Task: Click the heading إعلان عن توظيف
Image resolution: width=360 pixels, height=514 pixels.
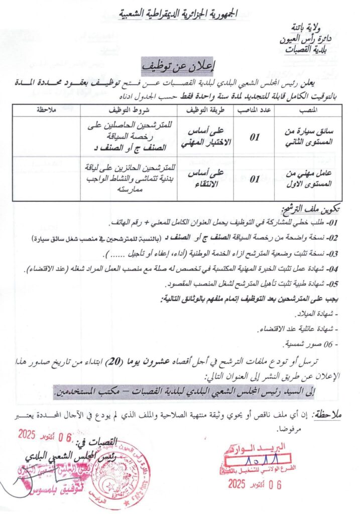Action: [180, 66]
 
